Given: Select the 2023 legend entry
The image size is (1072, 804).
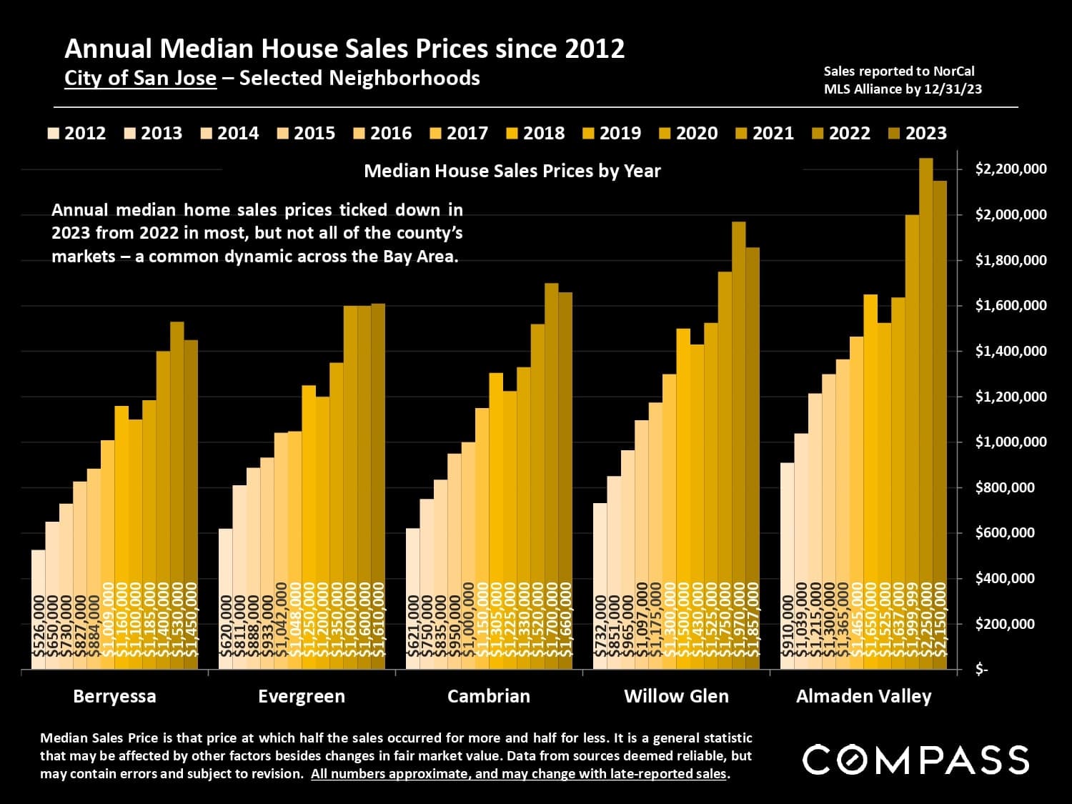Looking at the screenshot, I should [918, 133].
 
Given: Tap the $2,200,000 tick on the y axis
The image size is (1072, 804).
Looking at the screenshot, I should [1011, 169].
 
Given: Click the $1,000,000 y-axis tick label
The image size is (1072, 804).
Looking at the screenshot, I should [1011, 442].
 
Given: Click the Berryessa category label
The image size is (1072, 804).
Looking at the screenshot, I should [114, 696].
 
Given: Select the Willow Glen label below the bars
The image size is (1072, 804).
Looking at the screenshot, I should [676, 696].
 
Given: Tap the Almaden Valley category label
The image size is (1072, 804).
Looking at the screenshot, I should [863, 696].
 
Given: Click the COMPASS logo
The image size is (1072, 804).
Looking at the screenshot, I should [915, 760].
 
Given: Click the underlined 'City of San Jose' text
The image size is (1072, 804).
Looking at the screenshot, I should [140, 78].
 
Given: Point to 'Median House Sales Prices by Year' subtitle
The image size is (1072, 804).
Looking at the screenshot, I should [512, 171].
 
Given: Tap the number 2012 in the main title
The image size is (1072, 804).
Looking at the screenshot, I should [595, 49].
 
